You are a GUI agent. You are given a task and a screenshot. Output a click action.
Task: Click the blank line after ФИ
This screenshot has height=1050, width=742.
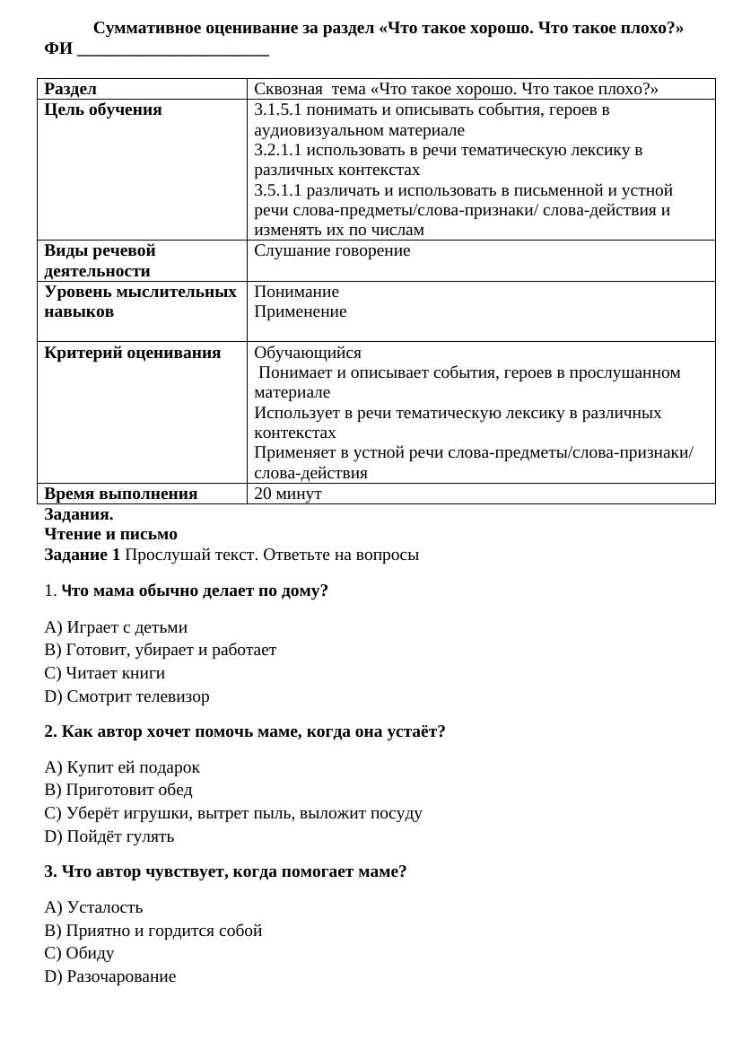coord(173,50)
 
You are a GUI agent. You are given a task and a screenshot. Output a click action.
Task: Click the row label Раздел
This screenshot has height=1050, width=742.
coord(71,89)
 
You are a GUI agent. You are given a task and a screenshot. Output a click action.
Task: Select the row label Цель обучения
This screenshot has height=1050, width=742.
coord(103,109)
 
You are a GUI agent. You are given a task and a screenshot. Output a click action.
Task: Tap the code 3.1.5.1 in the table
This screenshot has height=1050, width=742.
coord(279,109)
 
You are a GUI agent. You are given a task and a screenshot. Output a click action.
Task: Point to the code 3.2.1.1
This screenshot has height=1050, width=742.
coord(279,150)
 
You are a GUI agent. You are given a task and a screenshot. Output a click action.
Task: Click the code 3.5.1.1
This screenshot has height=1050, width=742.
coord(279,190)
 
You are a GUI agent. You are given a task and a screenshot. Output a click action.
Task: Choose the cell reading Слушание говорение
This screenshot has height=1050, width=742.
coord(332,250)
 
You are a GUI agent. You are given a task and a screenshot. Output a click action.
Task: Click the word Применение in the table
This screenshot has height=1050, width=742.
coord(300,311)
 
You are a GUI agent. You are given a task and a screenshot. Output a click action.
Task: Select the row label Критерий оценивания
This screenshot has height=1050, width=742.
coord(133,353)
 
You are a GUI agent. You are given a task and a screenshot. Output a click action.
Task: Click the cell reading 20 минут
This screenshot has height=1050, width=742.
coord(287,494)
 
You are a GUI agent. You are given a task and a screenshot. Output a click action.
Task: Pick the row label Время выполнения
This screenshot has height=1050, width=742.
coord(121,494)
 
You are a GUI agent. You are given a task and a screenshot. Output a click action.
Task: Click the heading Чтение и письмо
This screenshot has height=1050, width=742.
coord(110,534)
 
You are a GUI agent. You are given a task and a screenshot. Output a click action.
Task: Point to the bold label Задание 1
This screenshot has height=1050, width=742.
coord(82,555)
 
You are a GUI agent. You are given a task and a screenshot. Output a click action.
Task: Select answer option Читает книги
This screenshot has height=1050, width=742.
coord(105,673)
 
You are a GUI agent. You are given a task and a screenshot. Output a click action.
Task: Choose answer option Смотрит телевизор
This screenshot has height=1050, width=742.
coord(127,696)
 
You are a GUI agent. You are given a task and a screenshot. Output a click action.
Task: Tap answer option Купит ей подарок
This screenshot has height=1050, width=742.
coord(122,767)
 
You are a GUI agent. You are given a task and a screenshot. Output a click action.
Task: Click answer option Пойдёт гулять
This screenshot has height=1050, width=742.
coord(109,836)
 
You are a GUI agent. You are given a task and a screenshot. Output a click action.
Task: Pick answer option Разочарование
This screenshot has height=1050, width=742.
coord(110,976)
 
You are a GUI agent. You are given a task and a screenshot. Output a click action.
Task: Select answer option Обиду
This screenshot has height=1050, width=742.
coord(80,953)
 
